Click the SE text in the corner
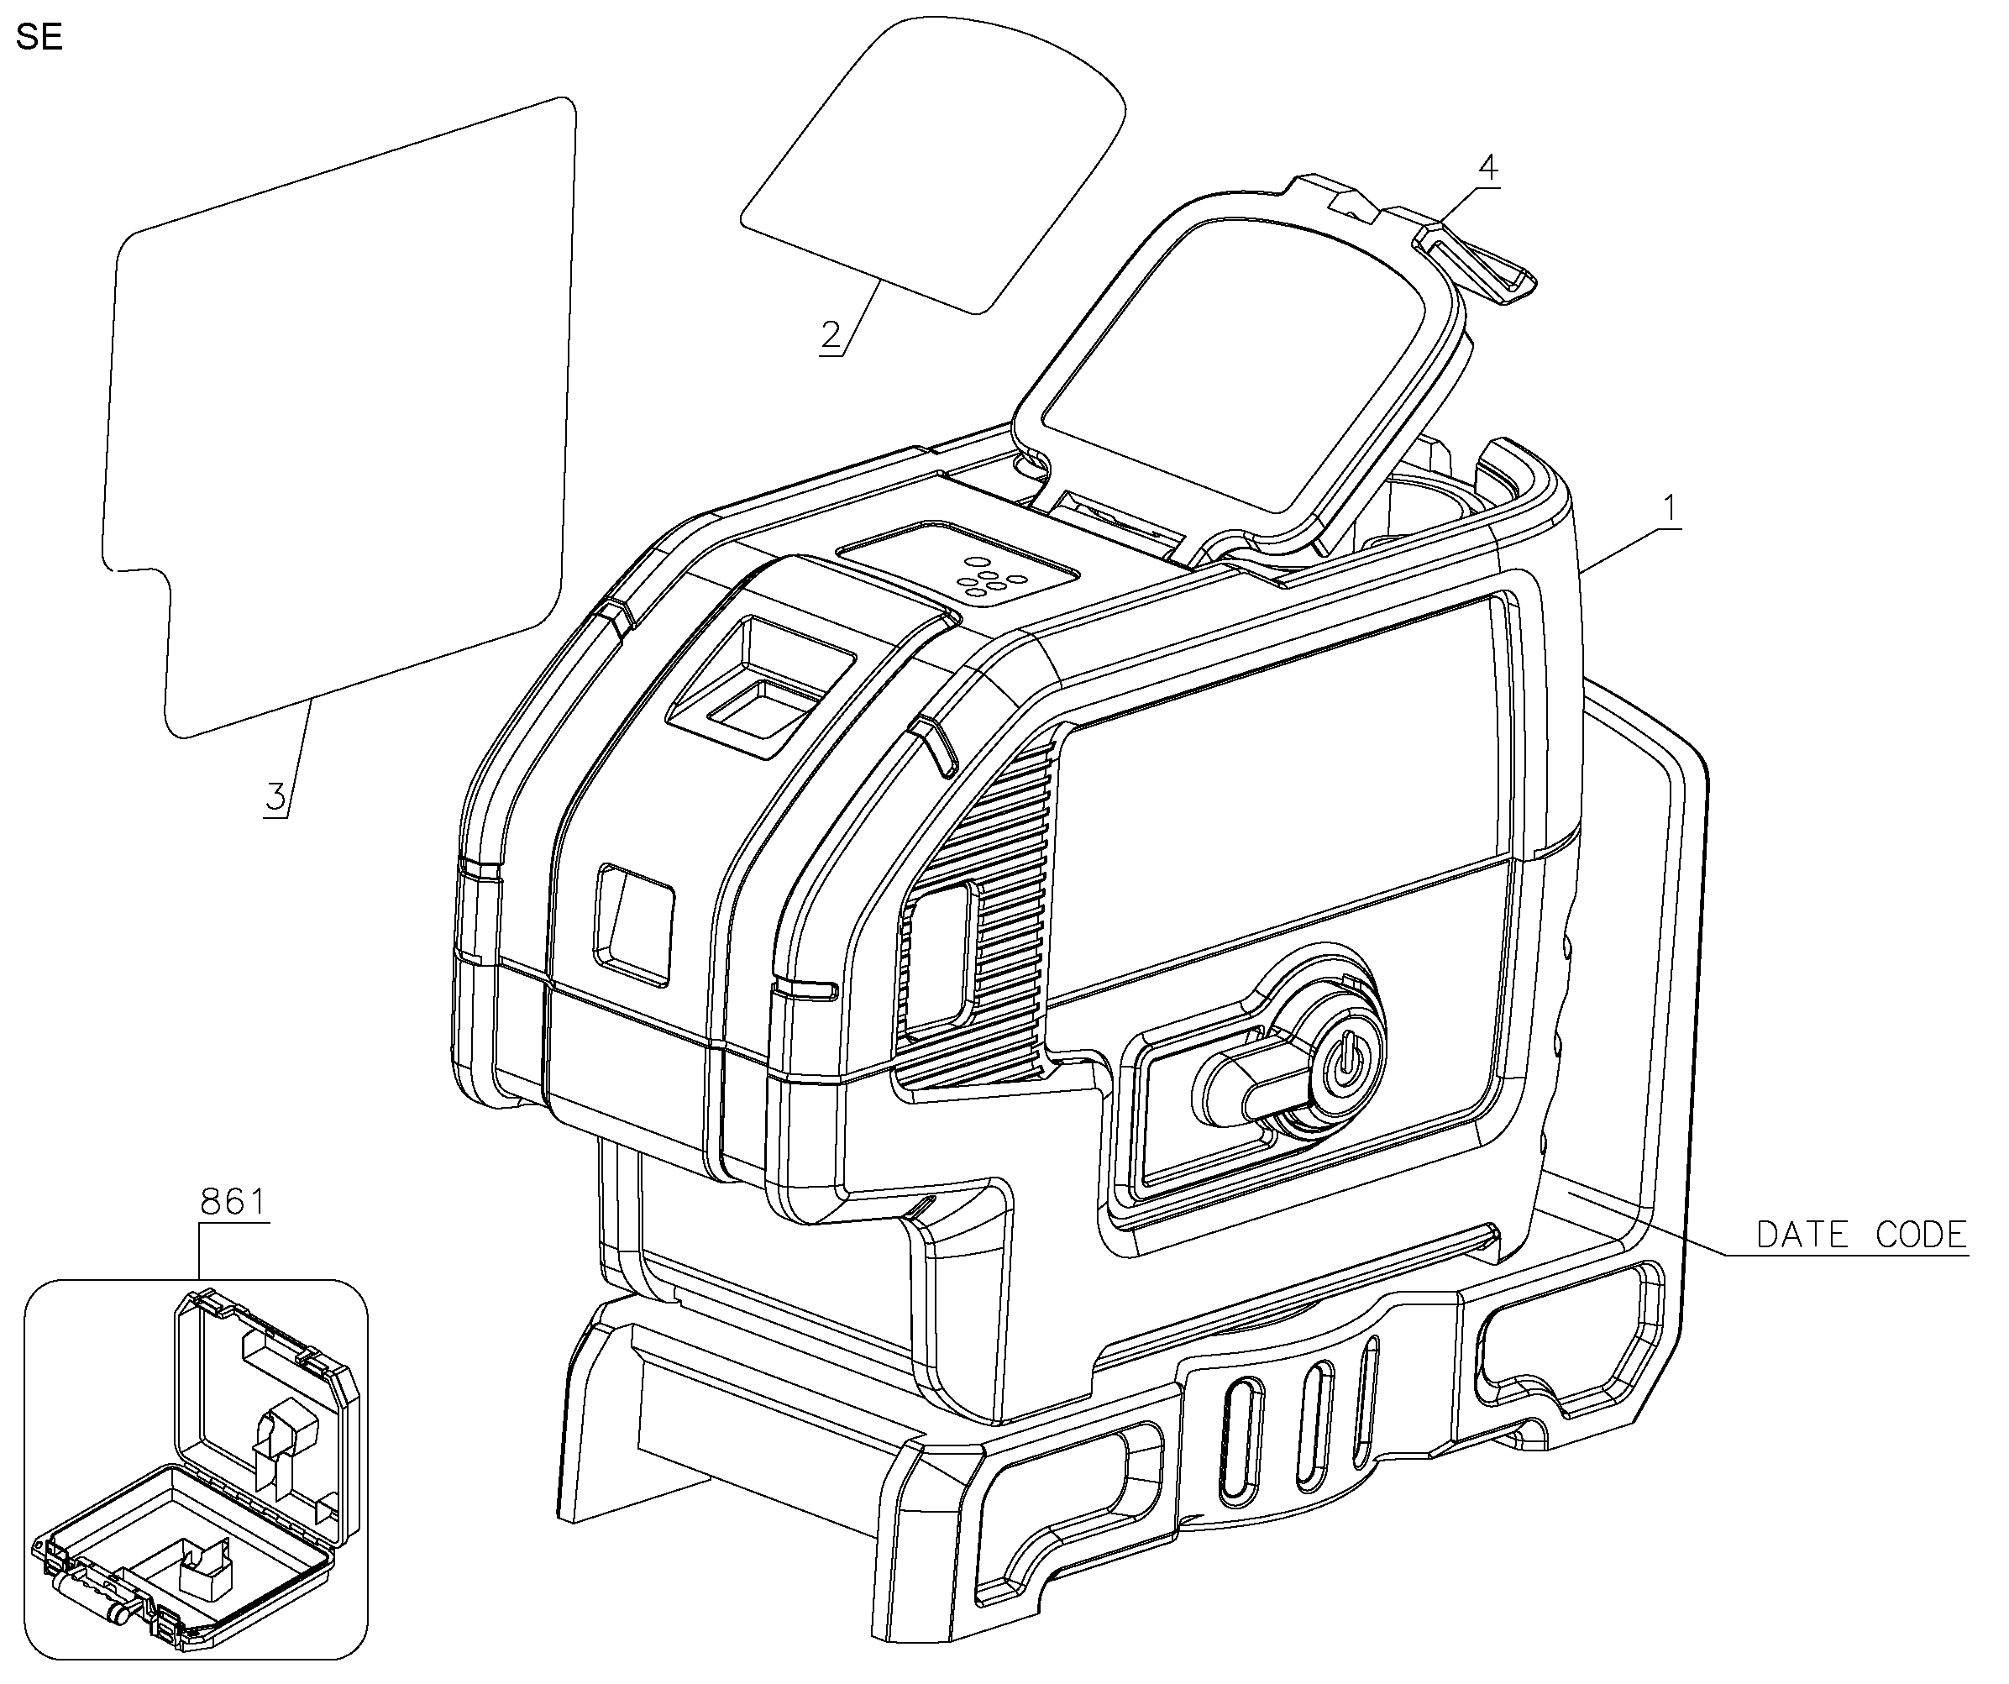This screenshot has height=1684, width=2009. pos(39,37)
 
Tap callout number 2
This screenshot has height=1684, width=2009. pos(831,335)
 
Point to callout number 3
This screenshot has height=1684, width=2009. pos(276,796)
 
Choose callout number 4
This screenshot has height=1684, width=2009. pos(1487,167)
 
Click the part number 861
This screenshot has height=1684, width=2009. pos(233,1201)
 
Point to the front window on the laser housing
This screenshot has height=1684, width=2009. pos(634,923)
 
